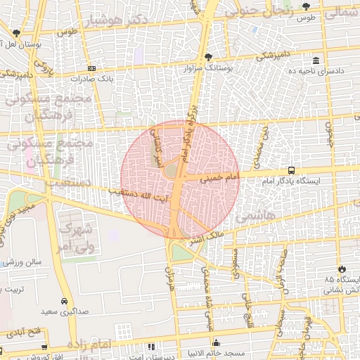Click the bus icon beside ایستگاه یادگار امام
pyautogui.click(x=291, y=170)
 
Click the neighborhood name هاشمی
pyautogui.click(x=252, y=217)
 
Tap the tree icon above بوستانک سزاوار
pyautogui.click(x=207, y=57)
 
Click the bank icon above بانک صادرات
pyautogui.click(x=91, y=68)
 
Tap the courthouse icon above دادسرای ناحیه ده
pyautogui.click(x=316, y=60)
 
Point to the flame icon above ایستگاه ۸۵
pyautogui.click(x=342, y=269)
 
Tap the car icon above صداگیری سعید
pyautogui.click(x=64, y=300)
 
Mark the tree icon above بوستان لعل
pyautogui.click(x=15, y=32)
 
